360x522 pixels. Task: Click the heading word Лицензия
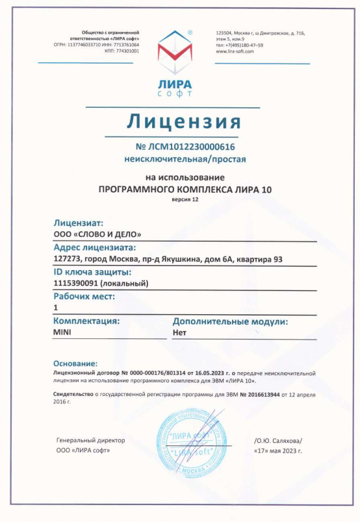pos(183,121)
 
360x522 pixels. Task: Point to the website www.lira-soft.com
pos(234,51)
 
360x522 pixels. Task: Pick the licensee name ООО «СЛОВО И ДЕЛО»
pos(97,234)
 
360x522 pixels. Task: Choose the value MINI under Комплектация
pos(62,331)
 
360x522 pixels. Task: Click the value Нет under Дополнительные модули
pos(180,331)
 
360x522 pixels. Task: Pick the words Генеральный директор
pos(91,440)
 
